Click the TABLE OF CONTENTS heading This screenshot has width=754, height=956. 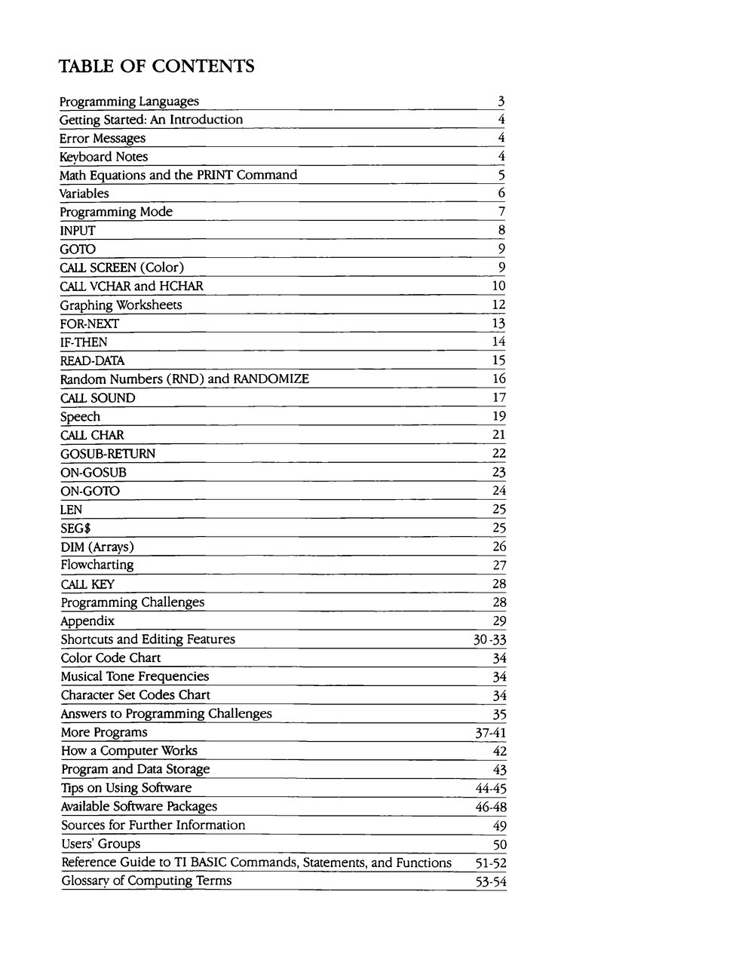(x=156, y=66)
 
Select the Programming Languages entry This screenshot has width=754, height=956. (x=129, y=102)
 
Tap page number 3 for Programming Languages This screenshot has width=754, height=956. (x=501, y=102)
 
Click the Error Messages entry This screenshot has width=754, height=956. (x=103, y=139)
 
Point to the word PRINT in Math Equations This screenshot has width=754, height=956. (x=215, y=176)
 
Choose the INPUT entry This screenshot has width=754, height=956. (x=78, y=231)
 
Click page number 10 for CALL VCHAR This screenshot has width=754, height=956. (x=498, y=286)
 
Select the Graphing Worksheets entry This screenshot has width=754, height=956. (x=121, y=305)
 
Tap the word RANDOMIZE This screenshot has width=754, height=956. (x=271, y=379)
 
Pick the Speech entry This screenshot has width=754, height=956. (x=80, y=417)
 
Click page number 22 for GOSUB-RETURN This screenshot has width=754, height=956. (x=498, y=454)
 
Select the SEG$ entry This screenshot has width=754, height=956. (x=75, y=529)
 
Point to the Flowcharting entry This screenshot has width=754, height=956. (x=97, y=565)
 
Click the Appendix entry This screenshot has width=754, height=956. (x=87, y=621)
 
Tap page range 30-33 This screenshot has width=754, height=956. (x=489, y=640)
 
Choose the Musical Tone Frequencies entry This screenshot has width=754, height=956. (x=135, y=677)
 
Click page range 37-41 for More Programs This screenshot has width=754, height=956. (x=489, y=733)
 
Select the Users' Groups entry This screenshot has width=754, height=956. (x=100, y=844)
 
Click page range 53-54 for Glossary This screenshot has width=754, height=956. (x=490, y=882)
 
